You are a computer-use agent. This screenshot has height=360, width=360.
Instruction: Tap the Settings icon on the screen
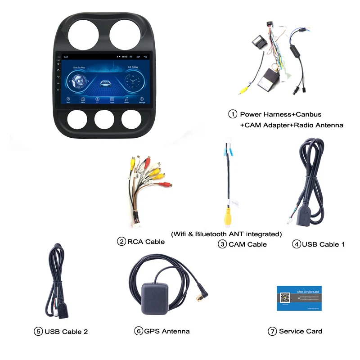click(142, 99)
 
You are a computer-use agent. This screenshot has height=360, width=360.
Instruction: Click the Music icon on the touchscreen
click(127, 99)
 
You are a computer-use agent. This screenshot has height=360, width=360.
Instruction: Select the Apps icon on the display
click(112, 99)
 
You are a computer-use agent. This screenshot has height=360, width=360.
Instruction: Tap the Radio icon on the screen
click(83, 99)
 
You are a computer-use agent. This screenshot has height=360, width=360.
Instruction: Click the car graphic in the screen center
click(105, 83)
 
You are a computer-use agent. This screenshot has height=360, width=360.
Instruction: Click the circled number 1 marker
click(233, 114)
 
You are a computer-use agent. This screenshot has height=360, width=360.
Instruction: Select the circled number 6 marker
click(138, 331)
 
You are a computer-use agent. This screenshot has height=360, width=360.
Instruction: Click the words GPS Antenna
click(167, 331)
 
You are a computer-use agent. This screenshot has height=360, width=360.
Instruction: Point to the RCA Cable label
click(146, 242)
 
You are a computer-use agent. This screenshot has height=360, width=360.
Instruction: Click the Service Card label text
click(301, 331)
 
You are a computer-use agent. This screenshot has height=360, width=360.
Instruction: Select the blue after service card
click(299, 298)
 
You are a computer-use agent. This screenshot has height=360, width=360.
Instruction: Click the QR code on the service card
click(285, 298)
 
